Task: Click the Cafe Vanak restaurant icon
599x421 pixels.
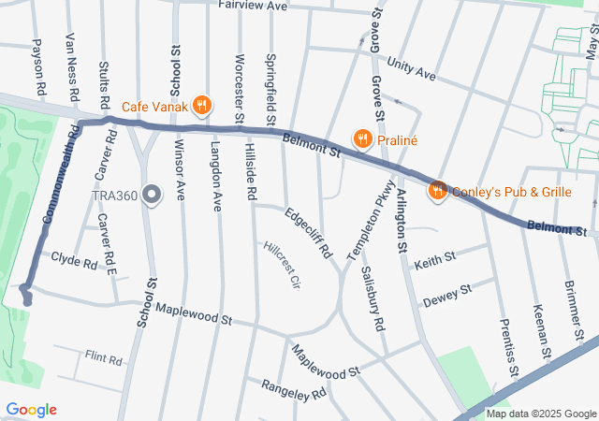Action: point(202,105)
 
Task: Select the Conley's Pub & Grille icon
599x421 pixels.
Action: point(436,191)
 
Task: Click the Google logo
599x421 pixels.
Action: point(31,410)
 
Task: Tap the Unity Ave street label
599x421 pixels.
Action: point(412,73)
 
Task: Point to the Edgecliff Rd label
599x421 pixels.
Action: point(308,232)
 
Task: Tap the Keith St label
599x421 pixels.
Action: point(434,258)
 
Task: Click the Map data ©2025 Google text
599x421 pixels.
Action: point(541,414)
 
